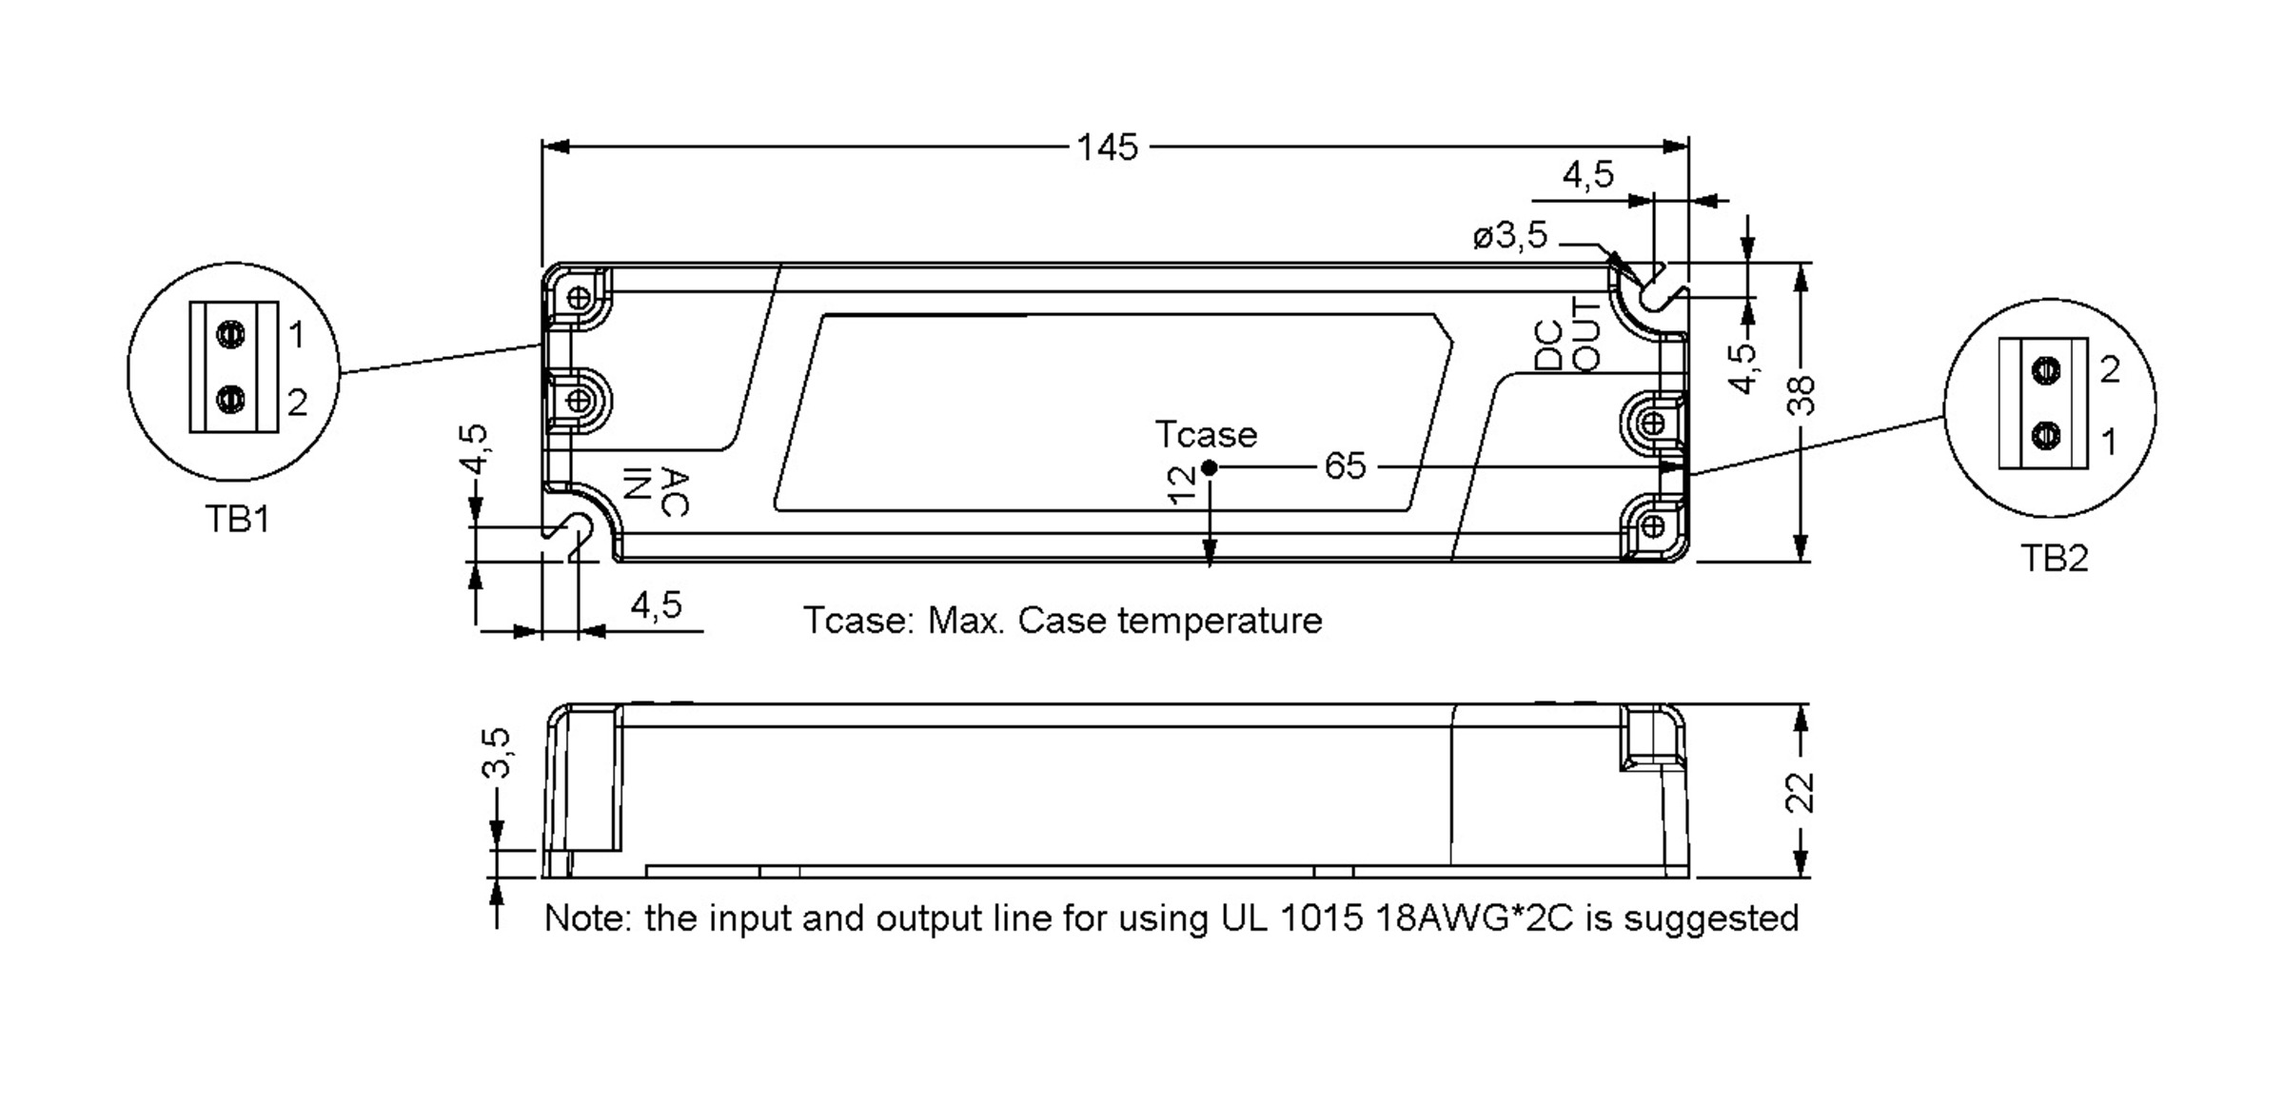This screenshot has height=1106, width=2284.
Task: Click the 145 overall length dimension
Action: pyautogui.click(x=1107, y=148)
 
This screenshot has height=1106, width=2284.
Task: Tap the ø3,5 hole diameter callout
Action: pyautogui.click(x=1510, y=235)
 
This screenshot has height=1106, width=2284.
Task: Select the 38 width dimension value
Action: pyautogui.click(x=1801, y=396)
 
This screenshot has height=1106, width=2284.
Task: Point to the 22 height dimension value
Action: pyautogui.click(x=1800, y=792)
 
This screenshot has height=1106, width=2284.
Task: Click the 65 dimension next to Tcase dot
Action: pyautogui.click(x=1345, y=466)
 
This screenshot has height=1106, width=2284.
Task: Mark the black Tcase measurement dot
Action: pyautogui.click(x=1209, y=467)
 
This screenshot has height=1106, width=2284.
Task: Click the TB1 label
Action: pyautogui.click(x=237, y=519)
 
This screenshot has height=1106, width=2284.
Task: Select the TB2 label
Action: pyautogui.click(x=2054, y=559)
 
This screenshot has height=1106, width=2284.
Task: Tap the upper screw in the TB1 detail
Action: pyautogui.click(x=230, y=334)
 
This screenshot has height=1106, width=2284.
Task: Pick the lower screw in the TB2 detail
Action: pyautogui.click(x=2045, y=437)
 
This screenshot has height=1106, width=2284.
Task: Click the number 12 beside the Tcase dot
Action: pyautogui.click(x=1180, y=485)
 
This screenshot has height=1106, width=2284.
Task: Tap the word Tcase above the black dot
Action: pyautogui.click(x=1206, y=434)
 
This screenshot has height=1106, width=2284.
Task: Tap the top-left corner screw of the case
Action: pyautogui.click(x=578, y=298)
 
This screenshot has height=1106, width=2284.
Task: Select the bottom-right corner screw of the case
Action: pyautogui.click(x=1653, y=525)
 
